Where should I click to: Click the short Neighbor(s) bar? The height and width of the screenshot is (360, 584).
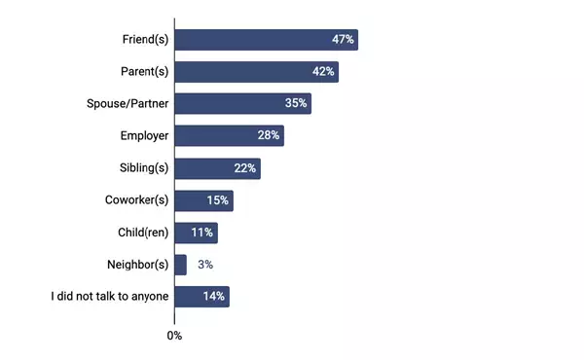[x=180, y=265]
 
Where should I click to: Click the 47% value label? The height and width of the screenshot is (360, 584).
[x=343, y=40]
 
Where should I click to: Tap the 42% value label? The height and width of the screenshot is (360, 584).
[x=323, y=72]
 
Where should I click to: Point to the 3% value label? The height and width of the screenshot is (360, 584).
[x=204, y=265]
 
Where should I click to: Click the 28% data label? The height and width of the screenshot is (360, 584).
[x=269, y=136]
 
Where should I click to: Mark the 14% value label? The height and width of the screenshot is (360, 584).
[x=214, y=297]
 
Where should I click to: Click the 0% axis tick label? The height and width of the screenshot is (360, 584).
[x=174, y=336]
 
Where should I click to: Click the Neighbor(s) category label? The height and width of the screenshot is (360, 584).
[x=136, y=265]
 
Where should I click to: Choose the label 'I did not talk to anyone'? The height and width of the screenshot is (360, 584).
[x=109, y=297]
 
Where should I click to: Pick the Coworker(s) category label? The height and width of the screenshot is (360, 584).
[x=135, y=200]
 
